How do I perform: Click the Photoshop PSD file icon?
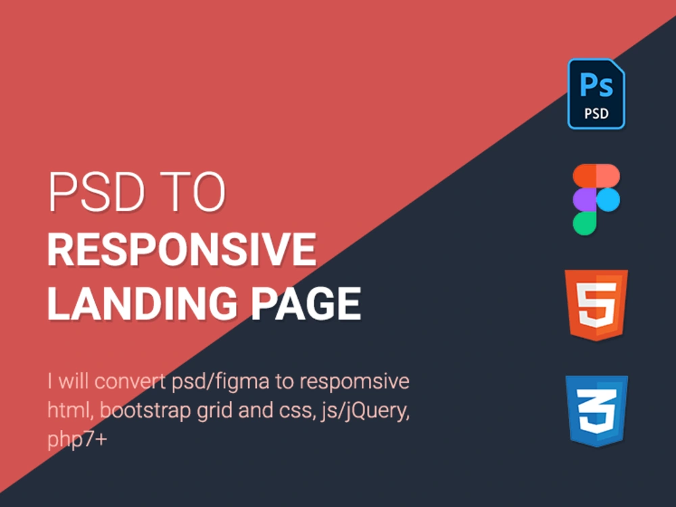596,93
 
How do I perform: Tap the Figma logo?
596,199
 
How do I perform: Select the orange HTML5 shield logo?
596,306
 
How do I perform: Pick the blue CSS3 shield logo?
597,411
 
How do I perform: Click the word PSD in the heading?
96,192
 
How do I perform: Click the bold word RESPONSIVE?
182,249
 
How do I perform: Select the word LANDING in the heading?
143,304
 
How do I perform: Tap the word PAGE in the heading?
306,304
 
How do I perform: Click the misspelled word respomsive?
354,381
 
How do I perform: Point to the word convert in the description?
130,381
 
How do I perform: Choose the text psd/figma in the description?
221,382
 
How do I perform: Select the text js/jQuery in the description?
365,410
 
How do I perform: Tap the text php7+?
77,439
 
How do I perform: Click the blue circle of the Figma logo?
608,199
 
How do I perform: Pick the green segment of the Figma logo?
585,223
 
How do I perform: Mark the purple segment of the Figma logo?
585,199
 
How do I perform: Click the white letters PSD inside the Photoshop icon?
597,114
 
